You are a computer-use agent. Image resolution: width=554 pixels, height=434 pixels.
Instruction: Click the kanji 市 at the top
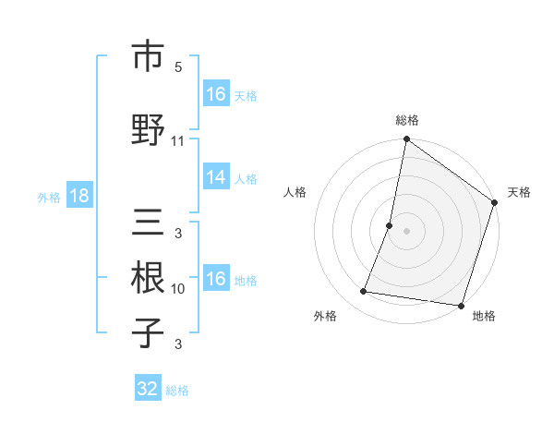[x=148, y=56]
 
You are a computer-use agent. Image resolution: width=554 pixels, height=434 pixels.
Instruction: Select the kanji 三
[x=148, y=224]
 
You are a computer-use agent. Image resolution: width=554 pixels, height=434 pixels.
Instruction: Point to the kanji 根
[x=148, y=278]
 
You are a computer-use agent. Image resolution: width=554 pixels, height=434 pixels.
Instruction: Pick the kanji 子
[x=148, y=332]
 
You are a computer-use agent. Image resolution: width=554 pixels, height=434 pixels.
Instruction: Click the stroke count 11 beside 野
[x=178, y=141]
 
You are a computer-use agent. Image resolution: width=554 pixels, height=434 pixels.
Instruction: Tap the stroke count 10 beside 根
[x=178, y=289]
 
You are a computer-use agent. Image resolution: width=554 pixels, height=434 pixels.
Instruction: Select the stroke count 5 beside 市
[x=178, y=67]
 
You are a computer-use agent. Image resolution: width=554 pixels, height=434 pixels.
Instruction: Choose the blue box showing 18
[x=79, y=197]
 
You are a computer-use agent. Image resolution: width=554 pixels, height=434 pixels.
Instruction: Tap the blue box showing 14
[x=216, y=178]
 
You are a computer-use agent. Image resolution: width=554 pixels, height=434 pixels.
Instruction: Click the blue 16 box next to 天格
[x=216, y=94]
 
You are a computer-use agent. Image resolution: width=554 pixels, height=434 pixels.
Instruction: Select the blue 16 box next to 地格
[x=216, y=279]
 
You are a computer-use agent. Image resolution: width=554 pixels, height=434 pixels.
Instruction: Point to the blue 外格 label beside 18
[x=49, y=198]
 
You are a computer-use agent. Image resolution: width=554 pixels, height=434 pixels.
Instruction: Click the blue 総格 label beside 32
[x=177, y=391]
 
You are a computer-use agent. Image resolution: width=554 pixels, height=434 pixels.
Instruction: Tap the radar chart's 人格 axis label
[x=295, y=192]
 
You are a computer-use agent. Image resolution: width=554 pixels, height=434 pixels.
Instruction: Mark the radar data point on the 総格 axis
[x=406, y=140]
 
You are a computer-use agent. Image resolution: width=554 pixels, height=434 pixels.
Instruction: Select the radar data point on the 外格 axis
[x=364, y=292]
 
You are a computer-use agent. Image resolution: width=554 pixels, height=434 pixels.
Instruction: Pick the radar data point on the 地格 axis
[x=460, y=305]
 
